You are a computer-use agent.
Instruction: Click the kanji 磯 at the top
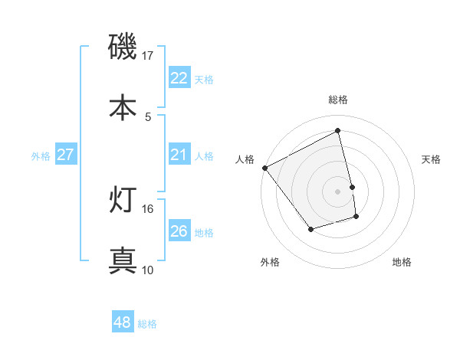pyautogui.click(x=123, y=47)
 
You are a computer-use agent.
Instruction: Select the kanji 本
pyautogui.click(x=123, y=107)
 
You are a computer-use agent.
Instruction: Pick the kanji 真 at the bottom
pyautogui.click(x=123, y=260)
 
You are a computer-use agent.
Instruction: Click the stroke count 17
pyautogui.click(x=148, y=56)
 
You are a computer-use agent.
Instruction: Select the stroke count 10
pyautogui.click(x=148, y=270)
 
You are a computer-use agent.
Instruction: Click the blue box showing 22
pyautogui.click(x=179, y=78)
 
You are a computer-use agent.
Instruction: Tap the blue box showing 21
pyautogui.click(x=179, y=155)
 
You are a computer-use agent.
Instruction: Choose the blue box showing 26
pyautogui.click(x=179, y=231)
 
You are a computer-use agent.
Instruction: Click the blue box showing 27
pyautogui.click(x=65, y=155)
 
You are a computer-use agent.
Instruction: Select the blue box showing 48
pyautogui.click(x=122, y=322)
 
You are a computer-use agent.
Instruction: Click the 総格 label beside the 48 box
pyautogui.click(x=147, y=324)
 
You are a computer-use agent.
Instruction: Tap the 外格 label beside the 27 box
pyautogui.click(x=41, y=155)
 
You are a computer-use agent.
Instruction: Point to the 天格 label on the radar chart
pyautogui.click(x=432, y=159)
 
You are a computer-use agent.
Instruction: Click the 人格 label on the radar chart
pyautogui.click(x=245, y=159)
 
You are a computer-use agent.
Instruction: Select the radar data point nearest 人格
pyautogui.click(x=264, y=168)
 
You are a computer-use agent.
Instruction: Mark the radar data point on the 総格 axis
pyautogui.click(x=338, y=130)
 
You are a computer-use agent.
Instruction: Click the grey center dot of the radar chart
pyautogui.click(x=338, y=191)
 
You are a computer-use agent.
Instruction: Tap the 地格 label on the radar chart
pyautogui.click(x=402, y=262)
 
